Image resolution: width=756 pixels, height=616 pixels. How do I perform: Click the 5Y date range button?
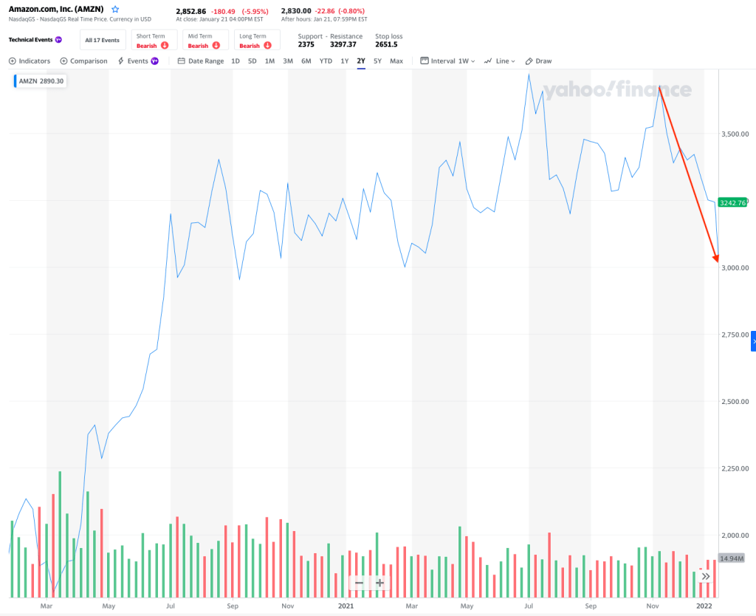click(x=377, y=61)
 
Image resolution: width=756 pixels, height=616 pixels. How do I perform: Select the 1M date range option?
click(x=269, y=61)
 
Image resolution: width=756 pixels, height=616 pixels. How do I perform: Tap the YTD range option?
click(x=326, y=61)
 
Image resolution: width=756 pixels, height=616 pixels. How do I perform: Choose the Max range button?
click(x=396, y=61)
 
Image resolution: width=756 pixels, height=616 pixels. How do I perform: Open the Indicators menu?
click(x=30, y=61)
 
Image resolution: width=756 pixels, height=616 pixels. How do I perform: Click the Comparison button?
click(x=83, y=61)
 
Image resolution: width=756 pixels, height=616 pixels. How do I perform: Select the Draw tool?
click(x=538, y=61)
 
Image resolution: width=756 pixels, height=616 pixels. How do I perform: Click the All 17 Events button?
click(x=102, y=41)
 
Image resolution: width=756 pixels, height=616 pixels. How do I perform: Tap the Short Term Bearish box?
click(x=154, y=41)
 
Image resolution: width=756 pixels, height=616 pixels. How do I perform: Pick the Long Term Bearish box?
click(x=256, y=41)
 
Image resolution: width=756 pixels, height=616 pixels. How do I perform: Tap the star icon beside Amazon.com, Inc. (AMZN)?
click(x=114, y=10)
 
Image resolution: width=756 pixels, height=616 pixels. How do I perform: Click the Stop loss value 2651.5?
click(x=386, y=44)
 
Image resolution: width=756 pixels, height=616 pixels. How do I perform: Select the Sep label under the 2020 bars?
click(x=233, y=606)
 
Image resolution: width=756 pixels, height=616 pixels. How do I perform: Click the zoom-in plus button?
click(x=379, y=583)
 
